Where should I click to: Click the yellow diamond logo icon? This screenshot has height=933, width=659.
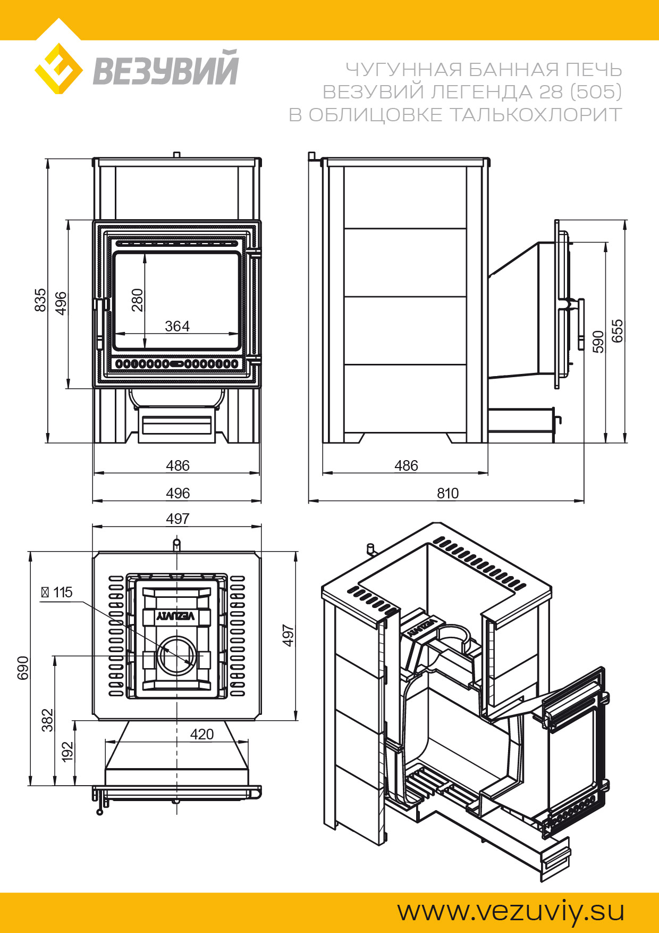pyautogui.click(x=58, y=69)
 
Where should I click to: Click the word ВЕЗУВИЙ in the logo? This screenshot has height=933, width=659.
pyautogui.click(x=166, y=69)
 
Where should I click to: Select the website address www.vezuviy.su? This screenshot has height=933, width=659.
pyautogui.click(x=511, y=911)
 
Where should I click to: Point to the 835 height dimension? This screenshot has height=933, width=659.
pyautogui.click(x=40, y=300)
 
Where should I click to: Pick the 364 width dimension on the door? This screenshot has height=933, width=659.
pyautogui.click(x=177, y=326)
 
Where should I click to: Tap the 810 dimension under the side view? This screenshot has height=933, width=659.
pyautogui.click(x=447, y=493)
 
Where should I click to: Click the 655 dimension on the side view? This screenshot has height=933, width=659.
pyautogui.click(x=617, y=331)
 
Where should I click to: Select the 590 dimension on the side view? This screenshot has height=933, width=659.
pyautogui.click(x=598, y=341)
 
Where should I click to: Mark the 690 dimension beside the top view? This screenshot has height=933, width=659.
pyautogui.click(x=23, y=668)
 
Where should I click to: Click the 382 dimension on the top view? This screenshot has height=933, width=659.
pyautogui.click(x=48, y=720)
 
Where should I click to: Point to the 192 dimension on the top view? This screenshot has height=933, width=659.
pyautogui.click(x=67, y=752)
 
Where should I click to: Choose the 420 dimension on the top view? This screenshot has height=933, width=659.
pyautogui.click(x=202, y=734)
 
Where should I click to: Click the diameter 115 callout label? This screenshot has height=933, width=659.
pyautogui.click(x=57, y=592)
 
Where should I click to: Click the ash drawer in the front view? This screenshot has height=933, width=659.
pyautogui.click(x=177, y=425)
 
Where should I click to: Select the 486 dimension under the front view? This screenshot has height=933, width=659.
pyautogui.click(x=178, y=465)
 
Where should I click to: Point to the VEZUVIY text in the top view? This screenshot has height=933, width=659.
pyautogui.click(x=176, y=616)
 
